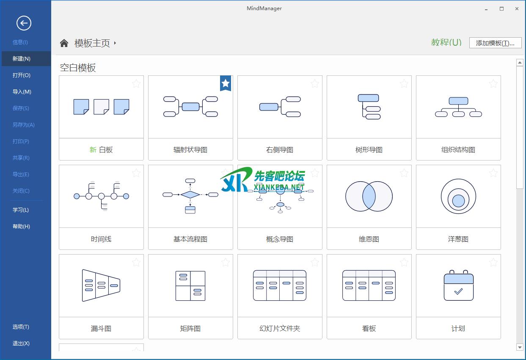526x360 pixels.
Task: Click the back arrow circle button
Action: (x=24, y=23)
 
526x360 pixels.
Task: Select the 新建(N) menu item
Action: (x=21, y=58)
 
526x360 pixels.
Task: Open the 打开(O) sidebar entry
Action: (x=21, y=75)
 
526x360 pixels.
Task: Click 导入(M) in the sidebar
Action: (x=22, y=91)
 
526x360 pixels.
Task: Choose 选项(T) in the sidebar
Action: (x=21, y=327)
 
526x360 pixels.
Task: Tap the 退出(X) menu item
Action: (x=21, y=343)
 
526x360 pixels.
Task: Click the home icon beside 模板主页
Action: (x=64, y=43)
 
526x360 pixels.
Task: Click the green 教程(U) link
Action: (x=446, y=42)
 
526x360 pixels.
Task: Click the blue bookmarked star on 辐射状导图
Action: (x=226, y=83)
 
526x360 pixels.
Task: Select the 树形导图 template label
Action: (x=369, y=150)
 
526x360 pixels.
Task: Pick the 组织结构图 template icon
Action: (x=458, y=107)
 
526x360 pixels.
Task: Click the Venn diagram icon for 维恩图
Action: (x=369, y=196)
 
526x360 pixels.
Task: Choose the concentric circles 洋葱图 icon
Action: (x=458, y=196)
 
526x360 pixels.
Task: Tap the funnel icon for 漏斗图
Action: (x=101, y=285)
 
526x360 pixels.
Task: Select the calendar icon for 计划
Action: (x=458, y=285)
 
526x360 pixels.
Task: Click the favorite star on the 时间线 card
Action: (x=136, y=173)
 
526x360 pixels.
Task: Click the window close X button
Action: (x=517, y=9)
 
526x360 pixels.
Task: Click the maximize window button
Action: (x=501, y=9)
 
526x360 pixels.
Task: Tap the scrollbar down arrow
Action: (x=520, y=347)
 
